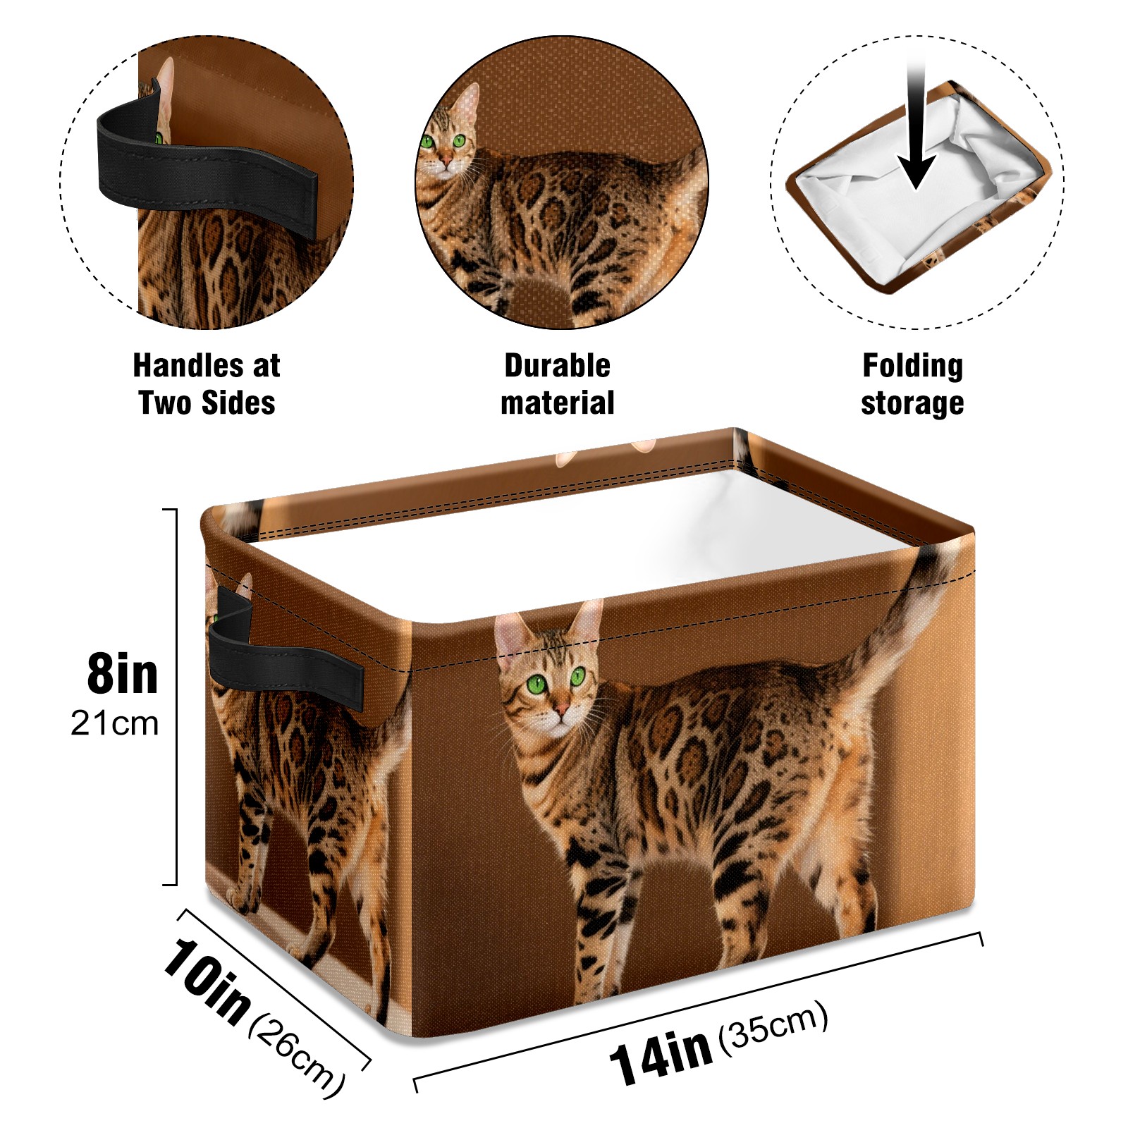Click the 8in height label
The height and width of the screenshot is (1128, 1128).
click(x=123, y=674)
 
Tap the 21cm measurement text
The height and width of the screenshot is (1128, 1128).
click(x=115, y=723)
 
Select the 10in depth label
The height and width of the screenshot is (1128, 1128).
click(x=206, y=981)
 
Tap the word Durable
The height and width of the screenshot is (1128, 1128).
click(x=557, y=365)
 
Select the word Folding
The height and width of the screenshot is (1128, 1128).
click(x=912, y=367)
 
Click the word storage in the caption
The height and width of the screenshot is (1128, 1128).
click(x=912, y=404)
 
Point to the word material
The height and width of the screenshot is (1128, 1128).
click(x=557, y=403)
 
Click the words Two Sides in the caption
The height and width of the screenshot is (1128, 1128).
click(x=207, y=403)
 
